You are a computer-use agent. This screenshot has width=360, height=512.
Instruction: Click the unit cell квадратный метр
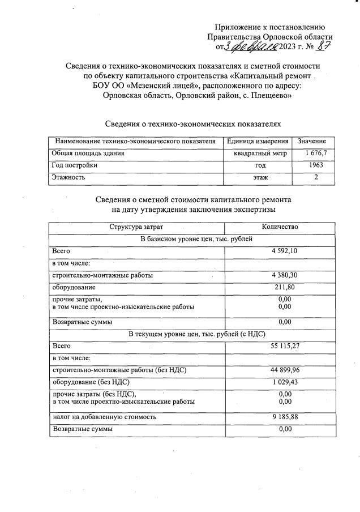(x=260, y=153)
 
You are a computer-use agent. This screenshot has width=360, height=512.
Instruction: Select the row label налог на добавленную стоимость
(x=104, y=417)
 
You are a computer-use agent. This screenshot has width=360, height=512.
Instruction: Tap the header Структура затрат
(x=136, y=227)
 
